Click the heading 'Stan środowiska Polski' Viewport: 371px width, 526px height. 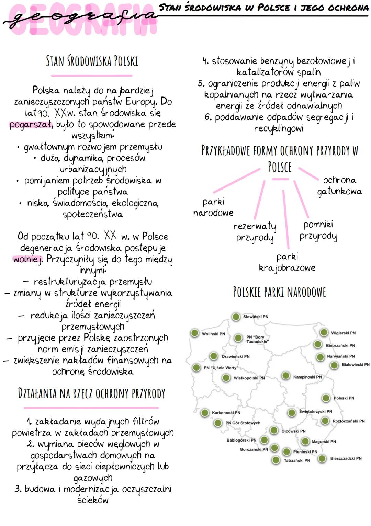92,61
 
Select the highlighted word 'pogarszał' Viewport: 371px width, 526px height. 31,124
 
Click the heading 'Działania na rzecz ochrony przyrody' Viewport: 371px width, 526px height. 91,393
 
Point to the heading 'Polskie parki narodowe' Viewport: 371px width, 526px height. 279,292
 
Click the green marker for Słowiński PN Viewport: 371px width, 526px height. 236,317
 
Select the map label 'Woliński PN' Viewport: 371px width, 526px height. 213,334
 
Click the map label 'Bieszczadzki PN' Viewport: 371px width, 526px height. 346,458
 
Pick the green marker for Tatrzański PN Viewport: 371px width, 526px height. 276,460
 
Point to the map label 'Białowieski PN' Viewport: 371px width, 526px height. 356,365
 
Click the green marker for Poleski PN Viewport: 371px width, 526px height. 326,398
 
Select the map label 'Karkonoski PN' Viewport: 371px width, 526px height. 226,413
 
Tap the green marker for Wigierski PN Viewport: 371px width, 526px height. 324,332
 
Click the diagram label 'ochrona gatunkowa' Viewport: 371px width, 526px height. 339,185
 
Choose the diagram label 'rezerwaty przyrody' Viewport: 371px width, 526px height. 255,232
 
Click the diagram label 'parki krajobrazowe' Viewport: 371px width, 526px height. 287,262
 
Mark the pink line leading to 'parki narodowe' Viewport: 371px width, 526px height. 237,180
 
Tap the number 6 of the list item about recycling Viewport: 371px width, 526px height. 208,117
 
